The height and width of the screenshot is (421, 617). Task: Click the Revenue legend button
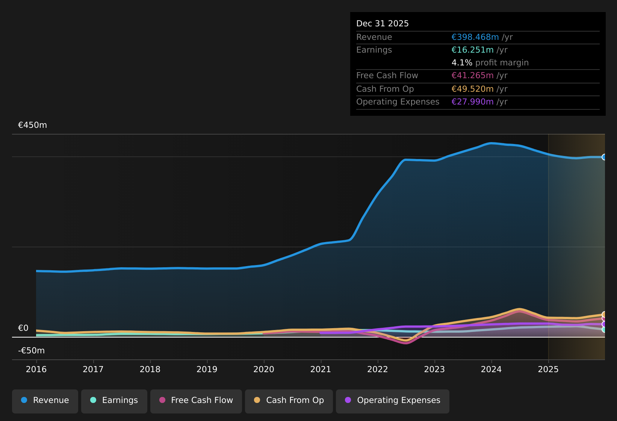45,400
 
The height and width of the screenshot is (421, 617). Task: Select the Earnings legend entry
114,400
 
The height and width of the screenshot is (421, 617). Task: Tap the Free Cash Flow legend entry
196,400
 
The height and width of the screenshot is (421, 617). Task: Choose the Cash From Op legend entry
289,400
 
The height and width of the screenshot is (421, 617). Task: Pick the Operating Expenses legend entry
393,400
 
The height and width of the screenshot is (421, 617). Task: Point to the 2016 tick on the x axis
36,369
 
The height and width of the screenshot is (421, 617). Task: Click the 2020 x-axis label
264,369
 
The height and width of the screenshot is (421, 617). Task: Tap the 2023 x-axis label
434,369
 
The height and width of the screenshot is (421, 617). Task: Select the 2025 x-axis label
548,369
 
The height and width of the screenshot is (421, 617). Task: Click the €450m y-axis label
33,125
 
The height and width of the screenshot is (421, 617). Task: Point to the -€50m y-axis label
32,351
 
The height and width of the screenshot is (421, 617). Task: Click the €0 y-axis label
23,328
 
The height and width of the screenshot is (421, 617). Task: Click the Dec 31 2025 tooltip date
383,24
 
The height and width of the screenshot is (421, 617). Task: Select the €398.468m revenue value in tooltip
475,37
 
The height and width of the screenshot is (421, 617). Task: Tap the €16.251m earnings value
472,50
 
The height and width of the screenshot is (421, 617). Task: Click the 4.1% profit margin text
490,63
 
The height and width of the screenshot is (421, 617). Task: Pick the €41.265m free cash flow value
472,76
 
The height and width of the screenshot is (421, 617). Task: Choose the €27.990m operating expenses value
472,102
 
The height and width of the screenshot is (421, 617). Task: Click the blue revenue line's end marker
604,157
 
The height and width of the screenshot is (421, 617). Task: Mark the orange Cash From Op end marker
604,315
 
